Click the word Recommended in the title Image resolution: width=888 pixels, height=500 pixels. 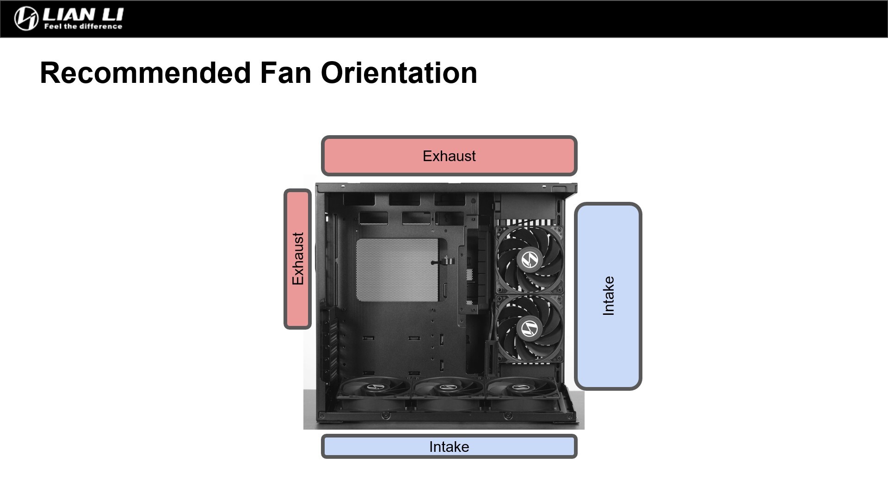(x=145, y=73)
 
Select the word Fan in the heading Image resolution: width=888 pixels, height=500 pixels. (x=285, y=73)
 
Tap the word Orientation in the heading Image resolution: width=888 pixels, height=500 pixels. (x=399, y=73)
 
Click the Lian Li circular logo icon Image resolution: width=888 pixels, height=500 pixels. (x=26, y=19)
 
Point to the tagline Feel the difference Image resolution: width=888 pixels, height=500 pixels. (x=83, y=27)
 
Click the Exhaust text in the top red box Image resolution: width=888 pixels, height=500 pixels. (x=449, y=156)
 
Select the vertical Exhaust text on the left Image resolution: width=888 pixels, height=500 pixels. (x=298, y=259)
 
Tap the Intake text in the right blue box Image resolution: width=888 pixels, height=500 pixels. (x=608, y=296)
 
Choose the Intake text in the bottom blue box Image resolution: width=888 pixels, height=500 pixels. (x=449, y=447)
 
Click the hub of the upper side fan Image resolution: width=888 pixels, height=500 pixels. (x=530, y=259)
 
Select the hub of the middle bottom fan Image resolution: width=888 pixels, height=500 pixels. (x=447, y=387)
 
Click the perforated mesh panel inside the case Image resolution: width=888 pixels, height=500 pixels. (x=397, y=270)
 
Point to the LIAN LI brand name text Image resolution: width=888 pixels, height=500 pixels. (x=83, y=14)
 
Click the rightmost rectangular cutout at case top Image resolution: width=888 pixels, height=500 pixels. (x=449, y=200)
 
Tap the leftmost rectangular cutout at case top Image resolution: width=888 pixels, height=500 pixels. (x=359, y=200)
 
